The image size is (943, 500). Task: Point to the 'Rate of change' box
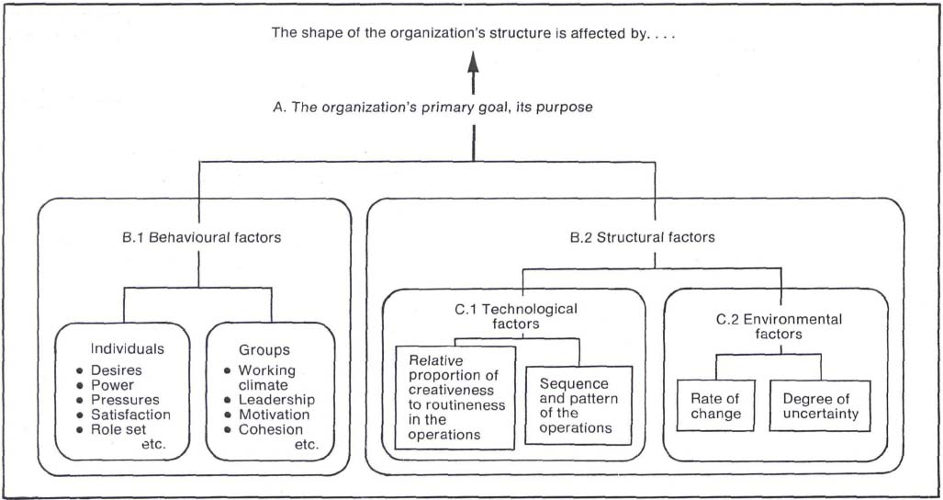coord(716,405)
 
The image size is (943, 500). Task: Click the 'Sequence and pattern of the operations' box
coord(578,405)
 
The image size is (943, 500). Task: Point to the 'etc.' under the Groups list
coord(306,444)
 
